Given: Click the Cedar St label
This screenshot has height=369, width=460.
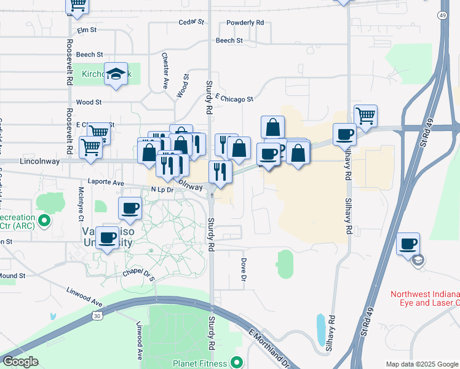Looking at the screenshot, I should click(191, 22).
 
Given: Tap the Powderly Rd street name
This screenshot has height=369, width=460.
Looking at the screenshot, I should click(245, 22).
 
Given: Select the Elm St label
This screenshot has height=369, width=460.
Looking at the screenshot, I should click(87, 30).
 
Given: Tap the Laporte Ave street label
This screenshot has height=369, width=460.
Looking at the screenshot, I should click(106, 183).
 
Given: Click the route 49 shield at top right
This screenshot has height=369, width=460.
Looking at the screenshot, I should click(443, 15).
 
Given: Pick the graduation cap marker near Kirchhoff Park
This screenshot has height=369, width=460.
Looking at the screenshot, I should click(116, 74).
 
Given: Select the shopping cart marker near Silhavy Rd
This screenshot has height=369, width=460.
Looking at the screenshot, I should click(365, 115).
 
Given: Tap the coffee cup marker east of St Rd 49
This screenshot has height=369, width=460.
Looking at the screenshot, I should click(408, 244).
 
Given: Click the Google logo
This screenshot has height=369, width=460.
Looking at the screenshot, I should click(20, 362).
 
